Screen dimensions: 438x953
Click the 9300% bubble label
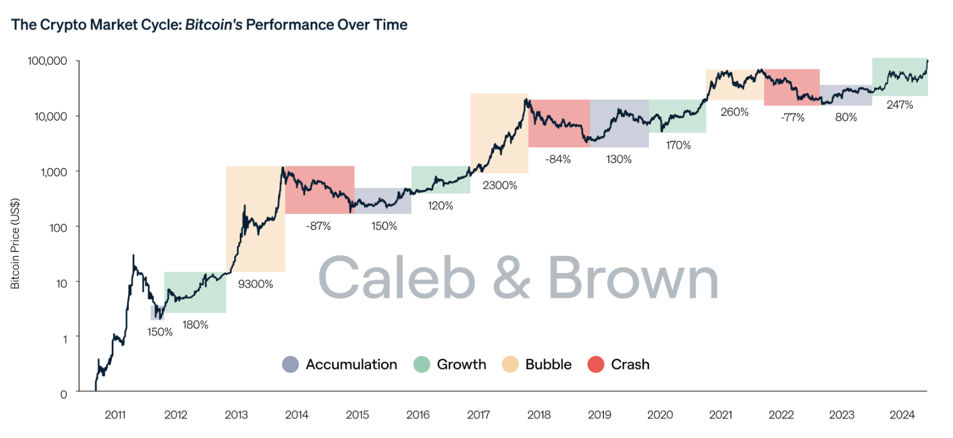tap(256, 284)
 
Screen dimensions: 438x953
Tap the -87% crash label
tap(318, 226)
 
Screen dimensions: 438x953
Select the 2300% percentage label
tap(500, 185)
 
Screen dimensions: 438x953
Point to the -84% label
tap(557, 159)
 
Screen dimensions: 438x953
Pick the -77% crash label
tap(792, 117)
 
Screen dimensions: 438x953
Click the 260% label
tap(735, 112)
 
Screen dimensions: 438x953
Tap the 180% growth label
tap(195, 325)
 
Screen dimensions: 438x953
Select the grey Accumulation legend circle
tap(291, 365)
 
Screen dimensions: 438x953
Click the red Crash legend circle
tap(595, 365)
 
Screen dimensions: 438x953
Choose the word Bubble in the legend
tap(548, 365)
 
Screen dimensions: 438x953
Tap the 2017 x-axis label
tap(478, 415)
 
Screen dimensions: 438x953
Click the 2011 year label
tap(116, 415)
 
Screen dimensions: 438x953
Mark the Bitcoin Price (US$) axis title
tap(15, 244)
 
